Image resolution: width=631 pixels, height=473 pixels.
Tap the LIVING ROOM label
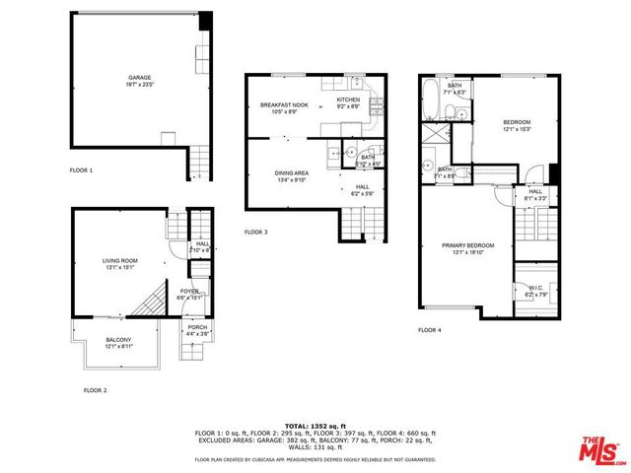[x=120, y=261]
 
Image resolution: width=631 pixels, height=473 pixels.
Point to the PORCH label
[x=197, y=328]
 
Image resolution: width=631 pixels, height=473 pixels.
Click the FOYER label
[x=188, y=292]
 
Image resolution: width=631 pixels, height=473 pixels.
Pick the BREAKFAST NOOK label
[x=283, y=104]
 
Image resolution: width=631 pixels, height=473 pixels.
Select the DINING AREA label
[x=292, y=173]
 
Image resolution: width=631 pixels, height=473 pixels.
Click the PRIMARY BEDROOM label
[x=467, y=245]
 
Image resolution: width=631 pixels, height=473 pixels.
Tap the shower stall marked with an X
[x=432, y=135]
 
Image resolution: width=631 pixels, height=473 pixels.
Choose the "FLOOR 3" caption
[x=256, y=233]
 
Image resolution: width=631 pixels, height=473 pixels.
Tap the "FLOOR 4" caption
[x=429, y=330]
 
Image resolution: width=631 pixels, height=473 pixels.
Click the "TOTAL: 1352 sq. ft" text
[x=315, y=425]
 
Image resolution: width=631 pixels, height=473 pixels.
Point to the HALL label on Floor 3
[x=362, y=186]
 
